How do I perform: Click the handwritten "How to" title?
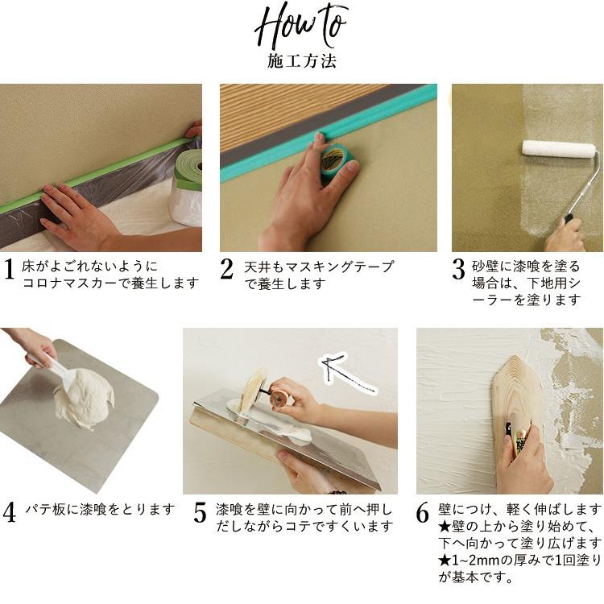click(x=301, y=28)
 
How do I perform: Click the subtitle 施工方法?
click(x=301, y=61)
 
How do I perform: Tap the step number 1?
click(x=9, y=271)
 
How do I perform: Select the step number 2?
click(x=228, y=271)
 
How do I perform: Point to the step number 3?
click(x=458, y=271)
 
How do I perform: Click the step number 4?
click(x=9, y=512)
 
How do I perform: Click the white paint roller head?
click(x=558, y=149)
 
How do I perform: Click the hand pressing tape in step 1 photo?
click(x=72, y=213)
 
